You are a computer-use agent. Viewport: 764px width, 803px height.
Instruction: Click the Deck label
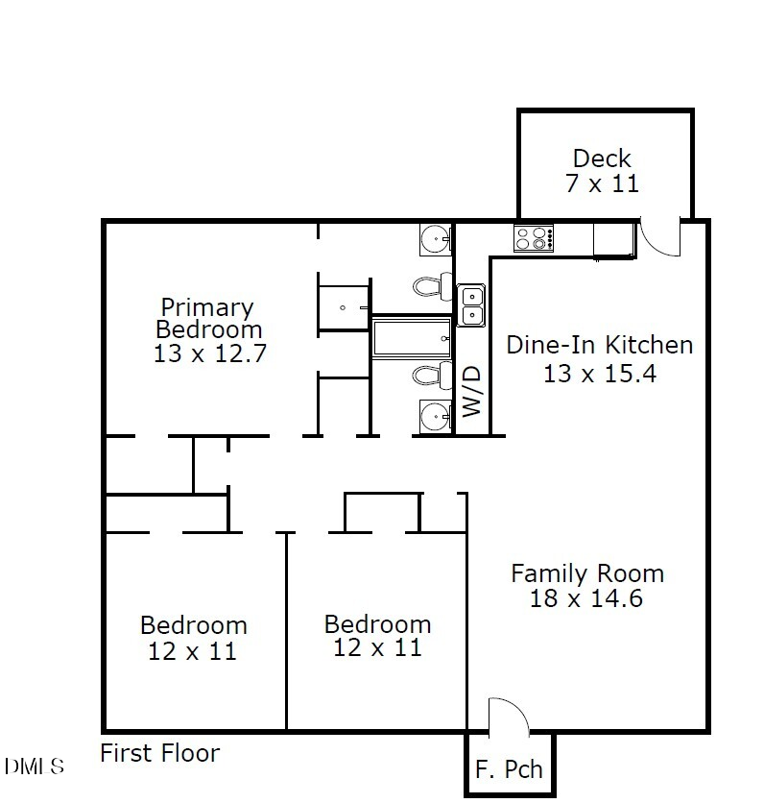pos(602,158)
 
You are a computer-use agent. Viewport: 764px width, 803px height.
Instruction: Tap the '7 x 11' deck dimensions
pos(602,182)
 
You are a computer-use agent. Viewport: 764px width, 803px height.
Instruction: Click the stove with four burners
pos(534,237)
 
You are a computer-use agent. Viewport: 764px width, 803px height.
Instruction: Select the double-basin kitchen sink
pos(471,305)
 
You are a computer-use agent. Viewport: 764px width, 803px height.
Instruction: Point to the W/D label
pos(471,391)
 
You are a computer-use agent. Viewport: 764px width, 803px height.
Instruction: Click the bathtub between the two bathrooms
pos(412,338)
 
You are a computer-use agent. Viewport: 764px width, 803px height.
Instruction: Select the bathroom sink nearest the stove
pos(437,238)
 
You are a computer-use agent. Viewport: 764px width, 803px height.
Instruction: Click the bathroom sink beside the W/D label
pos(436,417)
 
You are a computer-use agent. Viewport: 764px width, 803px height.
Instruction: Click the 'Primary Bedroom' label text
pos(208,318)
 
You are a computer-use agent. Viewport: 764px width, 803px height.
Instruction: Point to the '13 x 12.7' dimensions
pos(209,353)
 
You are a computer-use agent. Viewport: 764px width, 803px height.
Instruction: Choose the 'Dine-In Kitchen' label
pos(599,345)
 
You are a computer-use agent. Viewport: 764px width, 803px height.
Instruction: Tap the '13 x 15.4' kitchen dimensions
pos(599,373)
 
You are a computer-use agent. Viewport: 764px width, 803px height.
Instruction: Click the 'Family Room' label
pos(586,574)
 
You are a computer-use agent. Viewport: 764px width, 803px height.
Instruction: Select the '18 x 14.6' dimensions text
pos(585,598)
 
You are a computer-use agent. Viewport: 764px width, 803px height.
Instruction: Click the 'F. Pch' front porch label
pos(509,769)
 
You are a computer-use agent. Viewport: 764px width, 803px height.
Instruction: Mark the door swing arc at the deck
pos(659,237)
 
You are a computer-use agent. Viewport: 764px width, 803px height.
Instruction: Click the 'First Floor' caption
pos(160,754)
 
